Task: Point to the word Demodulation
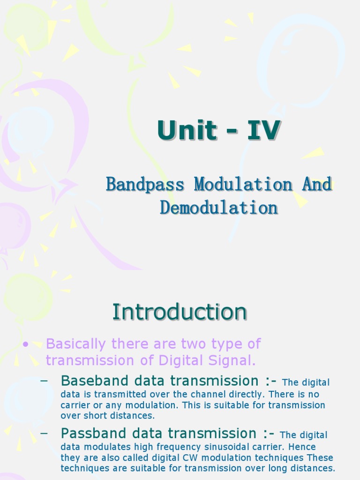click(x=219, y=208)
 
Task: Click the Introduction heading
click(x=180, y=312)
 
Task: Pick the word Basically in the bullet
click(x=76, y=344)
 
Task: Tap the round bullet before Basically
click(x=26, y=345)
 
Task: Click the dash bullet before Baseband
click(x=45, y=381)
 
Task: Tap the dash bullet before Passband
click(x=45, y=433)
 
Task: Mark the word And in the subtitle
click(x=317, y=184)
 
